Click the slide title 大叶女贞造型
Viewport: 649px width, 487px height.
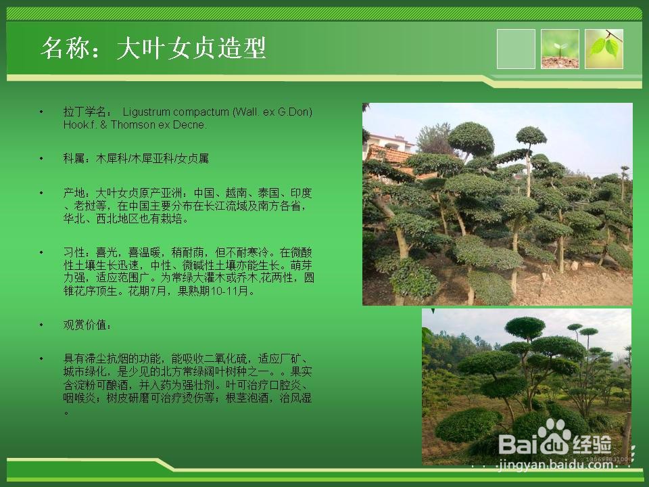191,49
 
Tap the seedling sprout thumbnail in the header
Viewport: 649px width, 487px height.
560,49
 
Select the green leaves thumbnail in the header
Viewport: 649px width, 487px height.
604,49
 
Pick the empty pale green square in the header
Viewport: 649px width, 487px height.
516,49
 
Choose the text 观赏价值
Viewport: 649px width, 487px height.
85,325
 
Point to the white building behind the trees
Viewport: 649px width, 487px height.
389,142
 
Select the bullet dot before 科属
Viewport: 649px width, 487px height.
41,158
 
